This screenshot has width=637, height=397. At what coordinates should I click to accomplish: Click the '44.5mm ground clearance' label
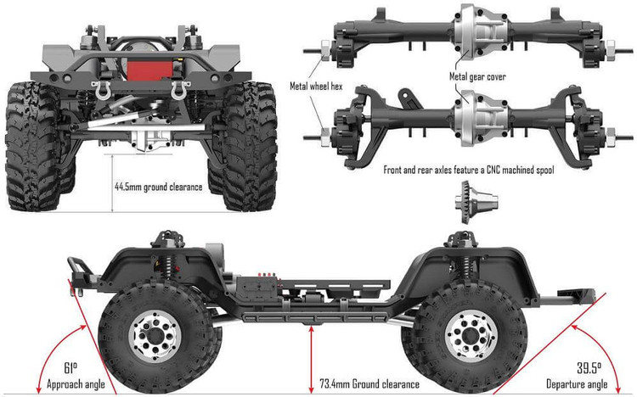[x=158, y=186]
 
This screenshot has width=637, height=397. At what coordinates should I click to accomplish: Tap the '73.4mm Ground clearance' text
[x=370, y=384]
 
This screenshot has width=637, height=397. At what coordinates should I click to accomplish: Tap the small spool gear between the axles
[x=465, y=202]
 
